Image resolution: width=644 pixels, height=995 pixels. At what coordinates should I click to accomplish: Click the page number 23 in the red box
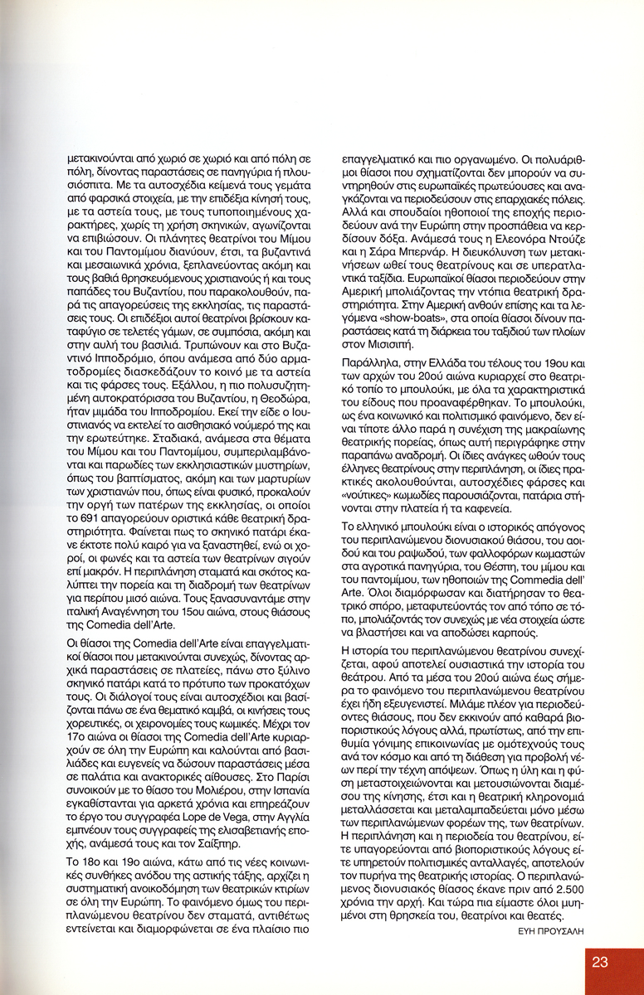(x=600, y=962)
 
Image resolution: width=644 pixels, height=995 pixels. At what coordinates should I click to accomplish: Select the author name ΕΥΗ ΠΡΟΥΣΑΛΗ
(x=541, y=929)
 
